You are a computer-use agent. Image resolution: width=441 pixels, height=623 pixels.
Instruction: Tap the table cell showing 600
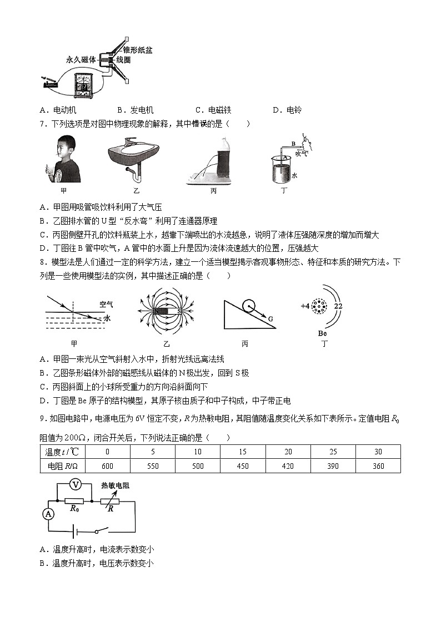click(x=108, y=466)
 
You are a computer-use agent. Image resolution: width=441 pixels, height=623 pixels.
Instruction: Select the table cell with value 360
click(x=378, y=466)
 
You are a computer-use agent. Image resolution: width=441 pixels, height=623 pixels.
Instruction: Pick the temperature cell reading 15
click(x=242, y=452)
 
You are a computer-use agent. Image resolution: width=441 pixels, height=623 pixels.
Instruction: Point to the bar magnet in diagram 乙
click(x=167, y=312)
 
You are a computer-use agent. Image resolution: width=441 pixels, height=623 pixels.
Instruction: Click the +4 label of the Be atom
click(x=305, y=306)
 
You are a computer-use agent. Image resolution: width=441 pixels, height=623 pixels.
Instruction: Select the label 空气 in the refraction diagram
click(x=106, y=304)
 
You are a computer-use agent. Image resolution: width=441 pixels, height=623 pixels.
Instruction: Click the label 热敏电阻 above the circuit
click(x=115, y=485)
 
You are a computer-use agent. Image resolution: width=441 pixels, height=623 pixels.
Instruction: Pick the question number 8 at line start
click(x=42, y=261)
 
